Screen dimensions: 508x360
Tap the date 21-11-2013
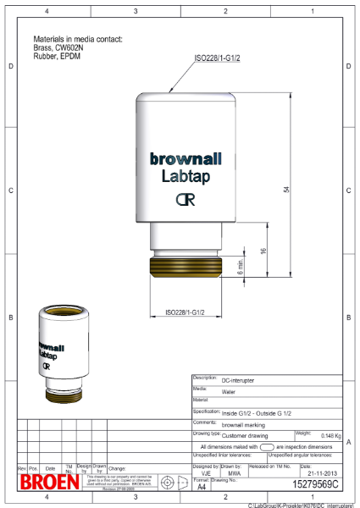[318, 472]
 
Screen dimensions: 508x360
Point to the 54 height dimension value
[287, 189]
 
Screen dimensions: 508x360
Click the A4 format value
[202, 488]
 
